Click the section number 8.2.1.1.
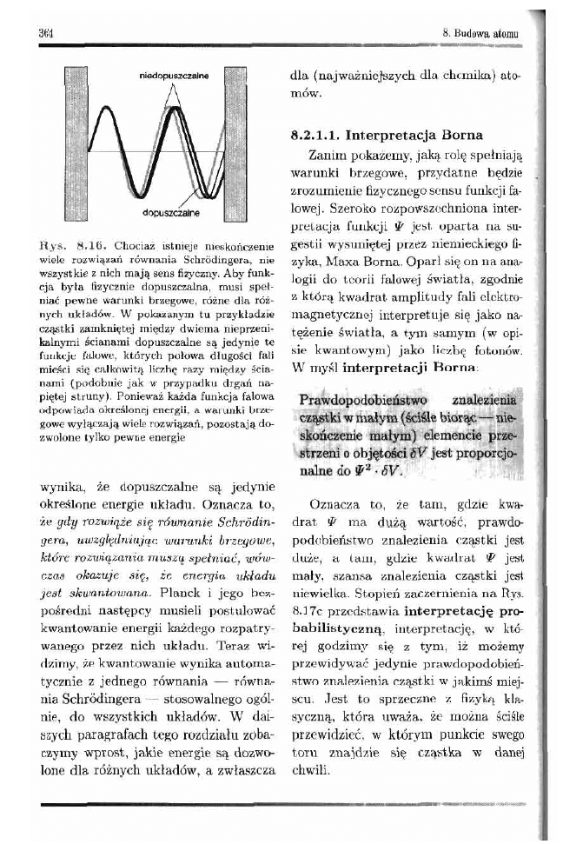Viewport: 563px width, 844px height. (x=314, y=136)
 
